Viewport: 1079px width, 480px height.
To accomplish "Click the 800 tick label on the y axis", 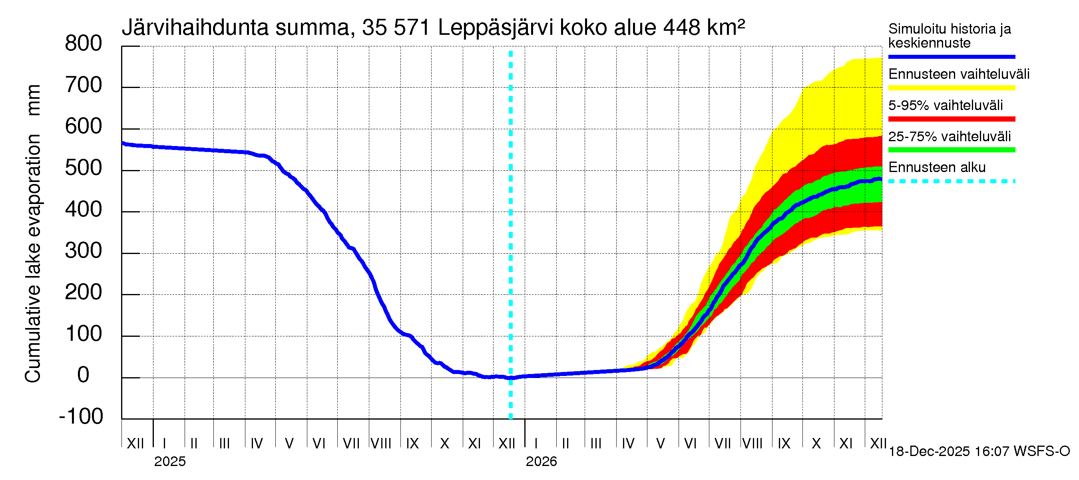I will coord(83,44).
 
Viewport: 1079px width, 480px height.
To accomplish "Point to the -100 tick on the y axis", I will coord(81,416).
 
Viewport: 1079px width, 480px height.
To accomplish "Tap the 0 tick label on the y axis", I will coord(84,375).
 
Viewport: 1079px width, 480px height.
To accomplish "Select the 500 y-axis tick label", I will coord(83,168).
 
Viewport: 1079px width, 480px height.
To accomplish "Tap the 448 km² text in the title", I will coord(704,28).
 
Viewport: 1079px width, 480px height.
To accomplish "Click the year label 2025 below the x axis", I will coord(169,462).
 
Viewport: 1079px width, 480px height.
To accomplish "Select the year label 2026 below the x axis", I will coord(541,462).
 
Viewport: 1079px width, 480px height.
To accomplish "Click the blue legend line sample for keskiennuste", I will coord(951,56).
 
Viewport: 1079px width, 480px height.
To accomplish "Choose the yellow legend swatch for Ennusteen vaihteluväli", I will coord(951,88).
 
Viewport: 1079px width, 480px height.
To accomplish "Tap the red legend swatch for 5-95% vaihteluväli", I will coord(951,119).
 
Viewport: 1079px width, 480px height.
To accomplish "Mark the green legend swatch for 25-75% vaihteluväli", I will coord(951,150).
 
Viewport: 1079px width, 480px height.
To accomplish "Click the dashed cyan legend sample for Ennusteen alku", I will coord(951,182).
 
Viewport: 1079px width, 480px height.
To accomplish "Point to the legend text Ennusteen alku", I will coord(937,167).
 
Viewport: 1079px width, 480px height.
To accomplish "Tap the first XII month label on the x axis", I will coord(135,444).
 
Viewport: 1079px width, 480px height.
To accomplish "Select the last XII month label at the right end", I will coord(878,444).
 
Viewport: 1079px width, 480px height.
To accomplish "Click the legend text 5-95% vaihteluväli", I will coord(946,105).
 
